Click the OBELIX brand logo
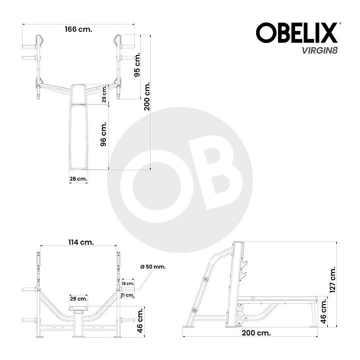pyautogui.click(x=297, y=32)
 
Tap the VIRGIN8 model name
pyautogui.click(x=320, y=50)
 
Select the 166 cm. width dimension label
pyautogui.click(x=78, y=29)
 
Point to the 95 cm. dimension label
pyautogui.click(x=137, y=65)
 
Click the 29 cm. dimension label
pyautogui.click(x=104, y=94)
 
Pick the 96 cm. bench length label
pyautogui.click(x=103, y=134)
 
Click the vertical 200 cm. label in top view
pyautogui.click(x=147, y=96)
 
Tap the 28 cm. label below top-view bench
pyautogui.click(x=78, y=179)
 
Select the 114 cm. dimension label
pyautogui.click(x=81, y=242)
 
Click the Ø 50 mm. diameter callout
pyautogui.click(x=153, y=267)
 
